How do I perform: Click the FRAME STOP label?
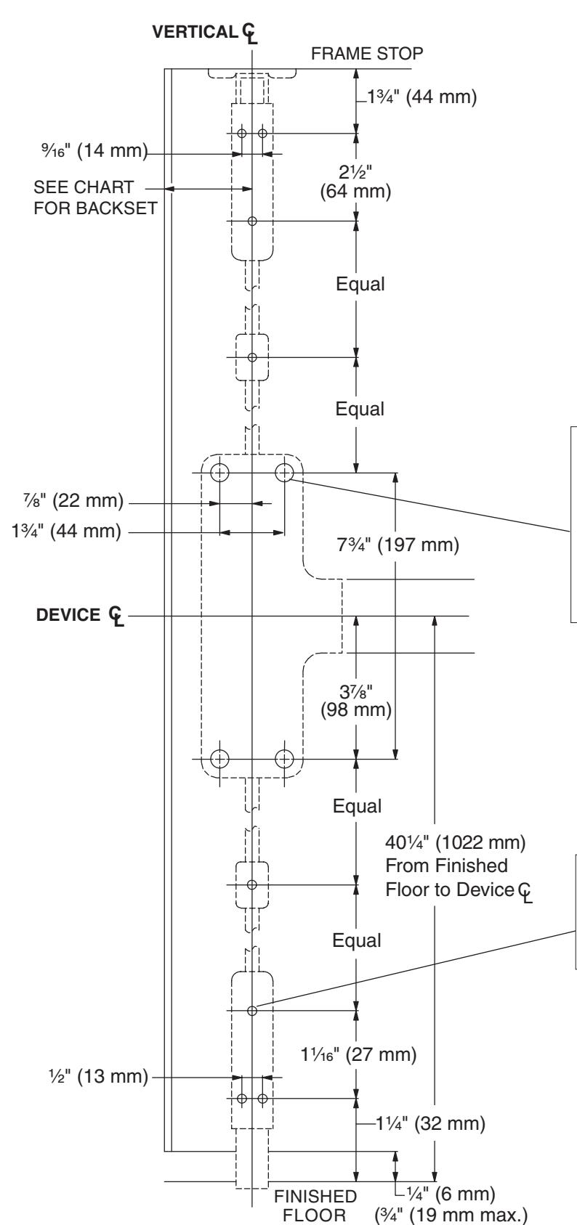coord(367,54)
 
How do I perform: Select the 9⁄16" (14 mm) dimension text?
coord(94,150)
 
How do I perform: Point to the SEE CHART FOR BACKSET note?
coord(95,198)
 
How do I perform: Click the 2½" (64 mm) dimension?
coord(355,182)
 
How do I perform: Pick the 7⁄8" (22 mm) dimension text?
coord(73,500)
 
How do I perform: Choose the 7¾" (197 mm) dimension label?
coord(398,545)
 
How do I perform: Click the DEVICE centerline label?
coord(80,615)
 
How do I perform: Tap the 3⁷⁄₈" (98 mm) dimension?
coord(356,701)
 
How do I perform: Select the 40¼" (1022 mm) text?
coord(456,842)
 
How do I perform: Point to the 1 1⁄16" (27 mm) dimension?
coord(358,1054)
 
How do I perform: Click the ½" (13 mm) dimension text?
coord(99,1076)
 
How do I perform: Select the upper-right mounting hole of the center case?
coord(284,472)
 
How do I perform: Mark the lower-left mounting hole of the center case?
coord(219,759)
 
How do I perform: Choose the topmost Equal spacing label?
coord(360,284)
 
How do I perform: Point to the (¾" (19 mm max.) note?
coord(451,1215)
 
